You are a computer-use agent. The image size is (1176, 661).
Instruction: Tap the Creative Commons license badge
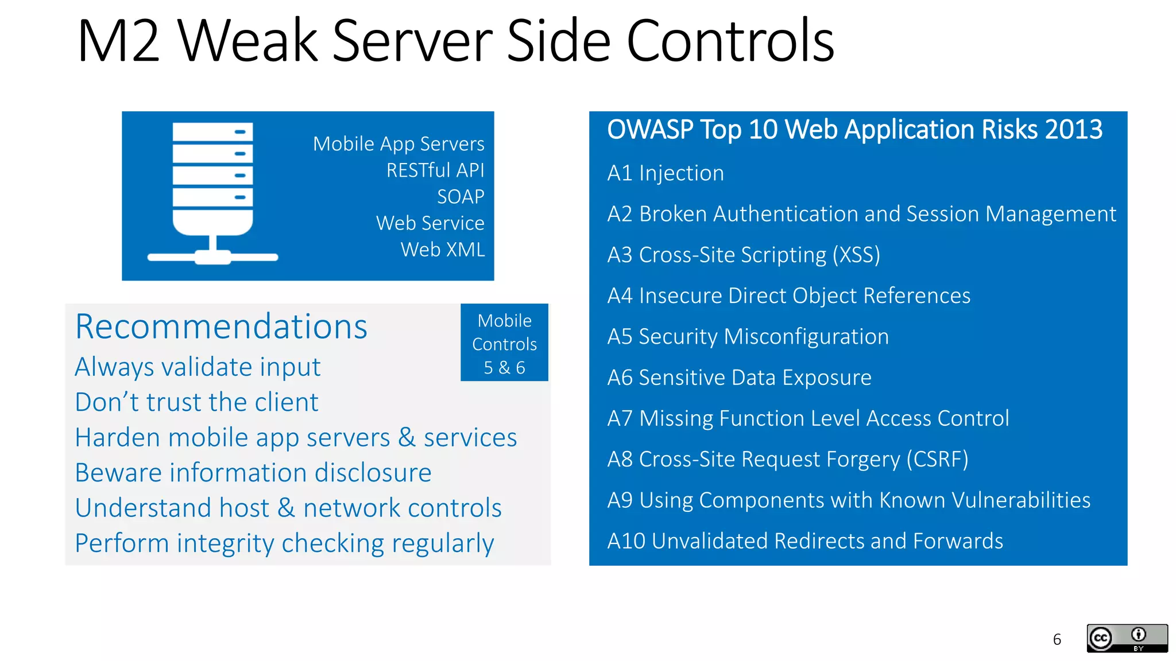coord(1127,638)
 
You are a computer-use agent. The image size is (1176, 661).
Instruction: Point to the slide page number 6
coord(1057,639)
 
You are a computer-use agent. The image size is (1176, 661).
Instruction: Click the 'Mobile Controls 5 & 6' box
coord(504,343)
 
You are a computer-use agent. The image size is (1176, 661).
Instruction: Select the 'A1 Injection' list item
coord(666,173)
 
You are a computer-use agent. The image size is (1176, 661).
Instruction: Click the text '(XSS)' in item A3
coord(856,255)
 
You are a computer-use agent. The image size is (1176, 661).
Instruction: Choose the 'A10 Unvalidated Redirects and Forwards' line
coord(805,541)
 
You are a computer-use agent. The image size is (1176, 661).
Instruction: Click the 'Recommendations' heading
coord(221,326)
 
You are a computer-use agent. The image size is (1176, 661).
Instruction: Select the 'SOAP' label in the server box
coord(461,197)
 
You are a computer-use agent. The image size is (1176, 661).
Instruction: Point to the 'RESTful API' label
coord(435,170)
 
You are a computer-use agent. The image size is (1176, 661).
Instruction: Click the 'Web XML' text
coord(443,250)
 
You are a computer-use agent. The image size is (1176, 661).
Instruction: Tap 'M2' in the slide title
coord(118,41)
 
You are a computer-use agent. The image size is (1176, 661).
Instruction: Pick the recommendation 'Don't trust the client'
coord(196,402)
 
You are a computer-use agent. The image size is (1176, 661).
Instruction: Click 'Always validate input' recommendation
coord(198,367)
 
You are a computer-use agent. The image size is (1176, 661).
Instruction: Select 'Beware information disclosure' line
coord(253,473)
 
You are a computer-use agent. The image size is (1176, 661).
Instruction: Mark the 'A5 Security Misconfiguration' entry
coord(748,337)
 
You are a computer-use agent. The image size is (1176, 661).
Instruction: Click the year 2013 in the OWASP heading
coord(1073,130)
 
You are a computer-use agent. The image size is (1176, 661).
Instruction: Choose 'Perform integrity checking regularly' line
coord(284,543)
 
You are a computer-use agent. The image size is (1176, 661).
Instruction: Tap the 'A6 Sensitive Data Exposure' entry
coord(739,378)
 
